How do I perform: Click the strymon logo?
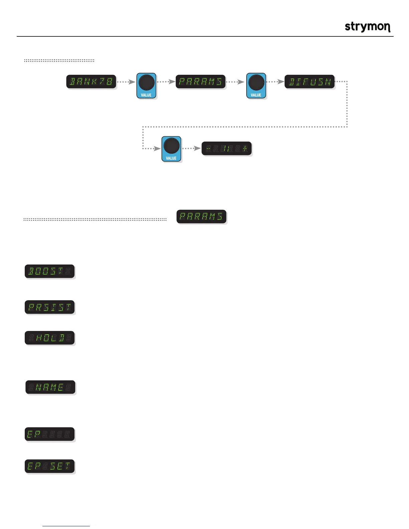367,27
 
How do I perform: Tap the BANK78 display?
91,82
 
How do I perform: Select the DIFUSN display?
309,82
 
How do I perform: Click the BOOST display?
50,271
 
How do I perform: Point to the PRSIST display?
50,307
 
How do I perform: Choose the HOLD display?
50,338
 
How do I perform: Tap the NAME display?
50,387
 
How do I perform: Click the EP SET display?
50,466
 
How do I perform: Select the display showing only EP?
50,434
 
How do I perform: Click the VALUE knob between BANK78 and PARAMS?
146,85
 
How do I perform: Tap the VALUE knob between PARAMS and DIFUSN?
256,85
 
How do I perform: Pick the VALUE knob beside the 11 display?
171,149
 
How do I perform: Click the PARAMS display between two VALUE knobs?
200,82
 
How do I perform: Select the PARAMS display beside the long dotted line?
201,216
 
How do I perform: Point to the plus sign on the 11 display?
245,149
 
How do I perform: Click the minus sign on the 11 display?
208,149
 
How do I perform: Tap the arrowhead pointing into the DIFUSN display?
281,82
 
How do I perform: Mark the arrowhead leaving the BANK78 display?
132,82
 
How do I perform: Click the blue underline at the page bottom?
66,526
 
